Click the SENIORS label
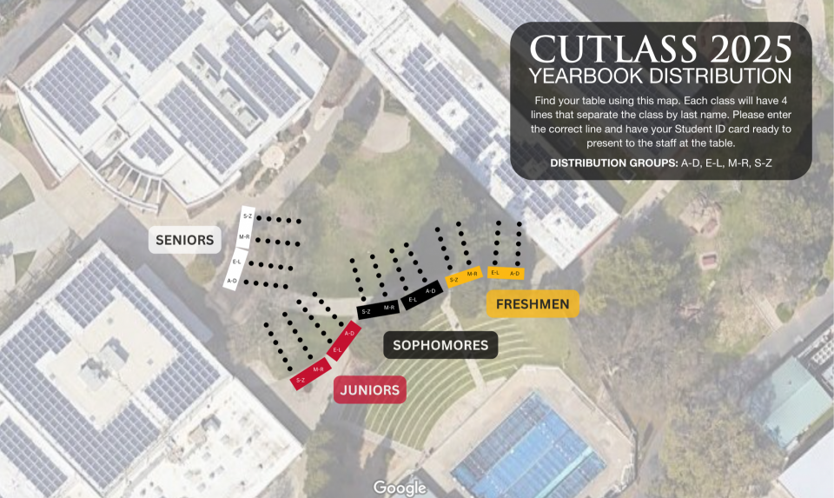coord(184,240)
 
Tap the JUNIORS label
coord(370,390)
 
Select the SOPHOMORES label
coord(440,345)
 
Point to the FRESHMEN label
coord(533,303)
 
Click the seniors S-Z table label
coord(248,216)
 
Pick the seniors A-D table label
coord(232,281)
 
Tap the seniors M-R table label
coord(243,237)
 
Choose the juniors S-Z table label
coord(301,380)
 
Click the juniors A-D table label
coord(350,333)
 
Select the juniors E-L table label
coord(338,350)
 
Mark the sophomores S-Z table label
coord(366,310)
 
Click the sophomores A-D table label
coord(430,291)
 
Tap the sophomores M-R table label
coord(388,307)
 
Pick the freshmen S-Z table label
coord(453,280)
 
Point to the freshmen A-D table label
coord(515,273)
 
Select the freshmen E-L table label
coord(494,273)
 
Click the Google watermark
coord(400,488)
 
